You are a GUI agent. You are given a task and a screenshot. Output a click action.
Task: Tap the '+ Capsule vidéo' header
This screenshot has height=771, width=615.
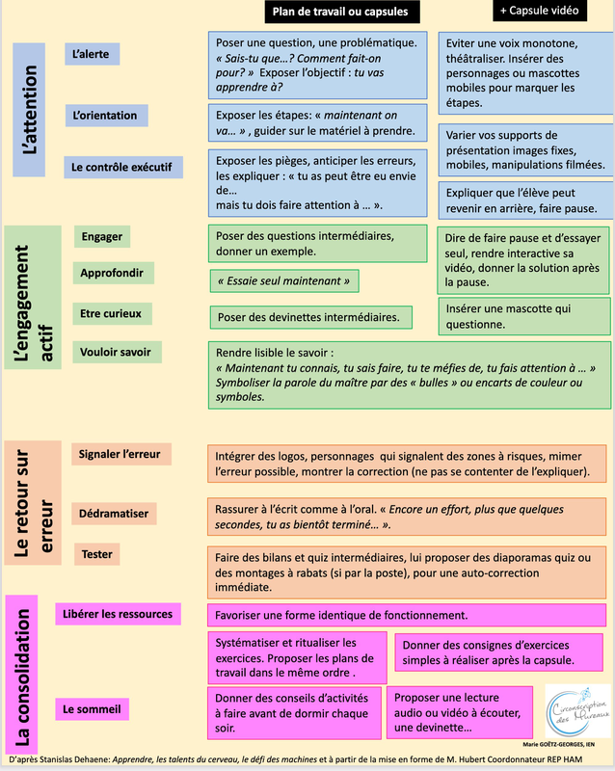tap(540, 11)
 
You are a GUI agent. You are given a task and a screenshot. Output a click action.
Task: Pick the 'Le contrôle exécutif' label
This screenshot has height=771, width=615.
tap(121, 167)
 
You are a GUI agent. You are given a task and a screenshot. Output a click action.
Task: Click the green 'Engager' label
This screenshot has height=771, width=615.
tap(102, 236)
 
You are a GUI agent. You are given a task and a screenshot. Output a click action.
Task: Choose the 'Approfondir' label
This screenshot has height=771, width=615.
tap(112, 273)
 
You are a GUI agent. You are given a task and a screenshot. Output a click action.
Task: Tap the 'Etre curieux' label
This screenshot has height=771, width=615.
tap(111, 313)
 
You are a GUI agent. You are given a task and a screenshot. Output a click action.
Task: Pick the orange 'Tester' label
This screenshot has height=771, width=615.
tap(97, 554)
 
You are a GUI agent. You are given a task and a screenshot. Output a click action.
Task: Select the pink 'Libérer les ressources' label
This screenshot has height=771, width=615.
tap(118, 614)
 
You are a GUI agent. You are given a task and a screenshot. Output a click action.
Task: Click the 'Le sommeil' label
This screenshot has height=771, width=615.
tap(92, 709)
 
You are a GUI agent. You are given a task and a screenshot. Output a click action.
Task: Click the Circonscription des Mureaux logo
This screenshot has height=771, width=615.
tap(577, 711)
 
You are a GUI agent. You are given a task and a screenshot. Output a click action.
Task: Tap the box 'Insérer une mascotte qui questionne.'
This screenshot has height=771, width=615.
tap(523, 316)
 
